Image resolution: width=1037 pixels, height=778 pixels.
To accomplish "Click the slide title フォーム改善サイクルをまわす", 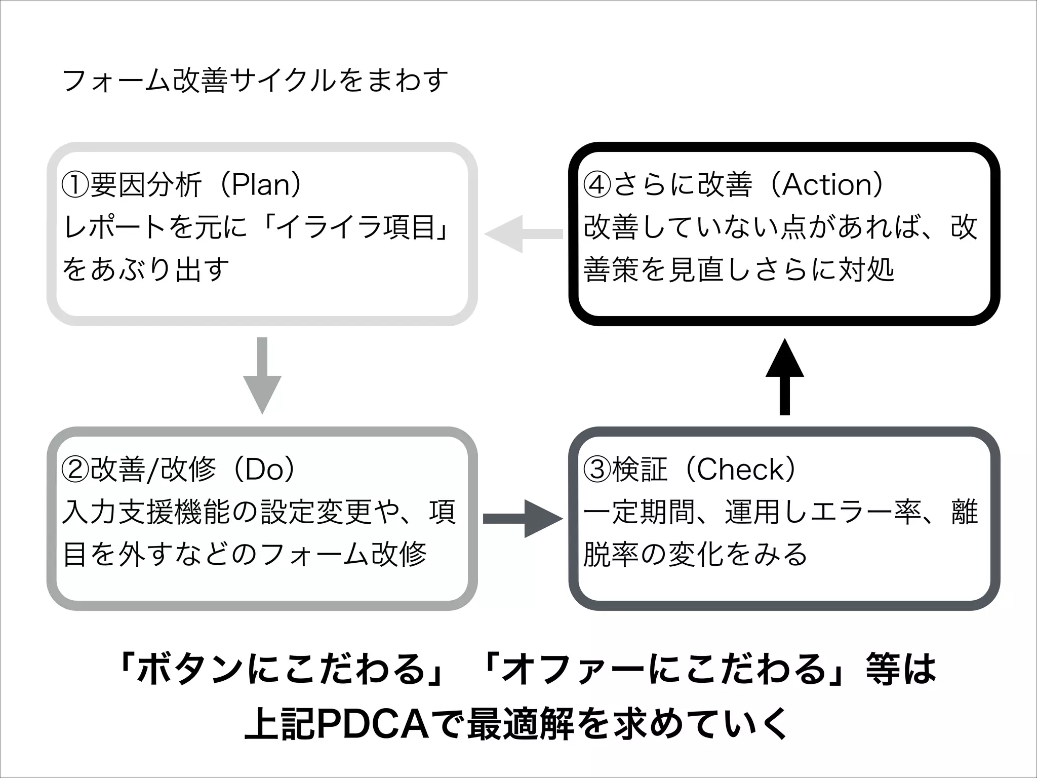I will [x=255, y=81].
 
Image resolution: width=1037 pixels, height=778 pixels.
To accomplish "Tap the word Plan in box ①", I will [x=260, y=185].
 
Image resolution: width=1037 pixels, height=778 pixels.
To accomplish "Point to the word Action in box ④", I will [x=827, y=185].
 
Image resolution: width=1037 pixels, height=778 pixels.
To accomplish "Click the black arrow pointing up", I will [x=784, y=377].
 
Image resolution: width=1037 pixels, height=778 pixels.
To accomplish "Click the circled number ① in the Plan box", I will [x=75, y=185].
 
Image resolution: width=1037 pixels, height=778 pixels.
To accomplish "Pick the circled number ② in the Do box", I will [x=75, y=470].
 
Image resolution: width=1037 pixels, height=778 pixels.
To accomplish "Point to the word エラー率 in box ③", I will [x=865, y=512].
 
